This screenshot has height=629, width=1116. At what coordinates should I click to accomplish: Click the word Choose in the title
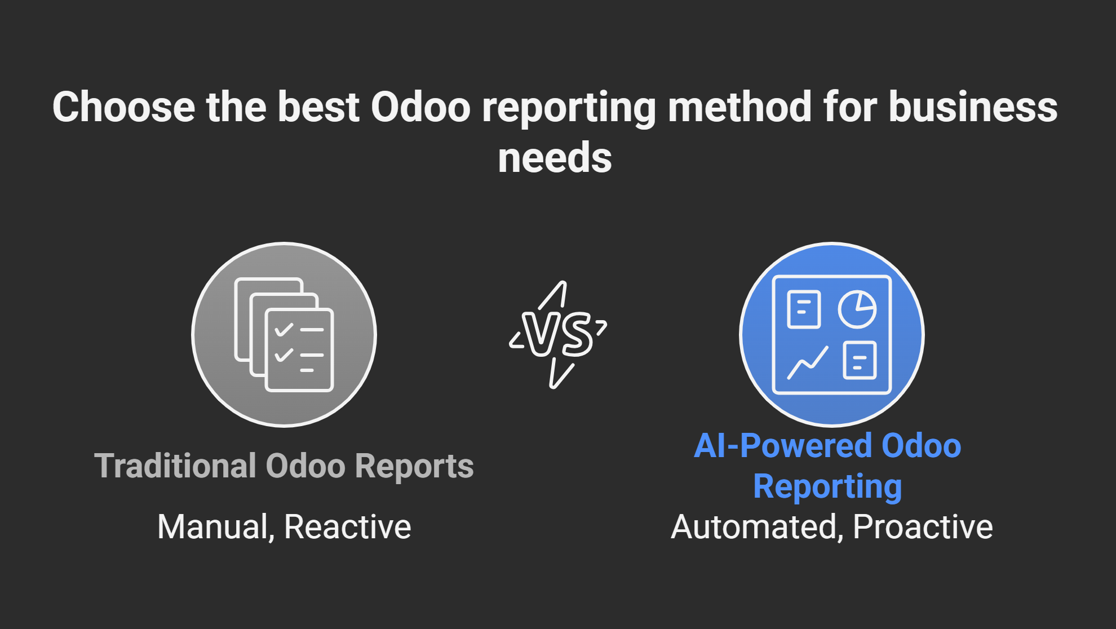pyautogui.click(x=123, y=107)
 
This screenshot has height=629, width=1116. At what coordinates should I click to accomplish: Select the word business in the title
pyautogui.click(x=973, y=107)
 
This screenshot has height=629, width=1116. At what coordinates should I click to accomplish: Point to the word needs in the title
pyautogui.click(x=555, y=158)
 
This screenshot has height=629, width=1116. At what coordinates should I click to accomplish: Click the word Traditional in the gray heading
pyautogui.click(x=175, y=466)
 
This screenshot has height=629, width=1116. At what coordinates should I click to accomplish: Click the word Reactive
pyautogui.click(x=348, y=527)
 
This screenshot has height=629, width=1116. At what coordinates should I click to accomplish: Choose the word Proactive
pyautogui.click(x=923, y=527)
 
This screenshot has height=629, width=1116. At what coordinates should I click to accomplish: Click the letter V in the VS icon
pyautogui.click(x=541, y=334)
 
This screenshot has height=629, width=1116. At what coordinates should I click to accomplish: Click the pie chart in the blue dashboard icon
pyautogui.click(x=857, y=309)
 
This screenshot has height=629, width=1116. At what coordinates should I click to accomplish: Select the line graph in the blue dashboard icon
pyautogui.click(x=808, y=362)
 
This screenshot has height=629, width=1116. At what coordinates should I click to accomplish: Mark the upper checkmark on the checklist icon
pyautogui.click(x=284, y=329)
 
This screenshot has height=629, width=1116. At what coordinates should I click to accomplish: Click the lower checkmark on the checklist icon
pyautogui.click(x=284, y=355)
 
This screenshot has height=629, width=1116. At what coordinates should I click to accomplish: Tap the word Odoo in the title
pyautogui.click(x=420, y=107)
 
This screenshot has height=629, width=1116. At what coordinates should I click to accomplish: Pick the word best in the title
pyautogui.click(x=318, y=107)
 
